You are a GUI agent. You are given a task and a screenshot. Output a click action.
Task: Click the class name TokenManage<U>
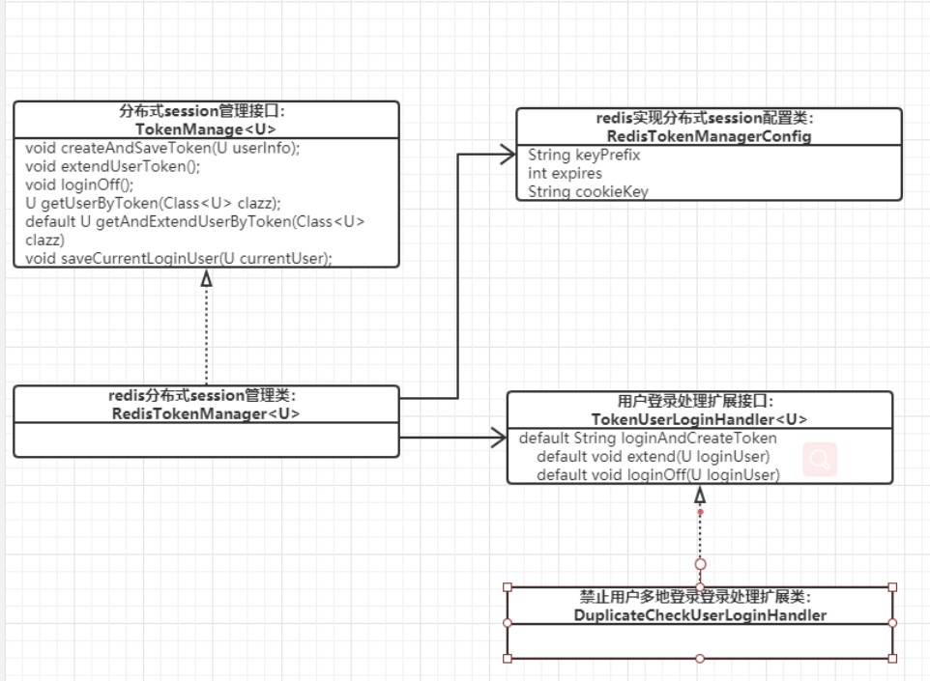pyautogui.click(x=206, y=128)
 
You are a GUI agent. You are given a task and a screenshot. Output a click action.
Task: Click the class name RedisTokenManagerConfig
pyautogui.click(x=709, y=136)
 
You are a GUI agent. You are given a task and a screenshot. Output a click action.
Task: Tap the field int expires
pyautogui.click(x=565, y=173)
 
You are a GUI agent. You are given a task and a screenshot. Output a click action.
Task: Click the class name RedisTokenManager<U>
pyautogui.click(x=206, y=413)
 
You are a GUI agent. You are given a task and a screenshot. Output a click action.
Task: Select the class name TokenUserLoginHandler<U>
pyautogui.click(x=699, y=419)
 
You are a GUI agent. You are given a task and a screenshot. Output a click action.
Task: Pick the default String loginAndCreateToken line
pyautogui.click(x=648, y=439)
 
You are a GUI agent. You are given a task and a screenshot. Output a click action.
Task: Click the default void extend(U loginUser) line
pyautogui.click(x=653, y=457)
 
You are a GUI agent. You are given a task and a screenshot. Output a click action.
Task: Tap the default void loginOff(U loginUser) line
pyautogui.click(x=657, y=475)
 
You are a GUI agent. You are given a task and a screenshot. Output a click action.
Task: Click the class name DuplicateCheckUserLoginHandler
pyautogui.click(x=700, y=615)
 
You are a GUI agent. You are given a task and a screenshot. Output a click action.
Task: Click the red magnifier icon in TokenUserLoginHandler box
pyautogui.click(x=820, y=461)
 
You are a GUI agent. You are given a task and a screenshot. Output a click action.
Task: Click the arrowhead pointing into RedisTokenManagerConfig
pyautogui.click(x=507, y=152)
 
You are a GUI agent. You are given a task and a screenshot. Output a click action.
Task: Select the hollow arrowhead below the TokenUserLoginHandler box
pyautogui.click(x=700, y=495)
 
